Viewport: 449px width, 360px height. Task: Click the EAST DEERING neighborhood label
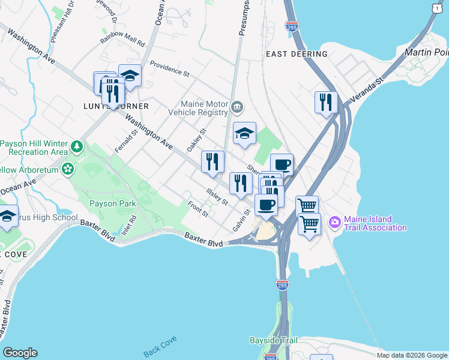pos(297,54)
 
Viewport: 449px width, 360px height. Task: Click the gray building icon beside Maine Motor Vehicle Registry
pos(237,107)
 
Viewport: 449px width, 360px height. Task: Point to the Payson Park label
pos(112,203)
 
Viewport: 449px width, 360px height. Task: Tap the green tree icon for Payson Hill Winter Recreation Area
pos(76,146)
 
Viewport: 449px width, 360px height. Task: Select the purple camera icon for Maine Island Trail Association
pos(334,223)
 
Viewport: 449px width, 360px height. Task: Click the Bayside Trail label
pos(273,340)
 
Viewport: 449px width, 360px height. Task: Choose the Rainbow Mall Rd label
pos(123,40)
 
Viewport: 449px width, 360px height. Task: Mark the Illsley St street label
pos(217,197)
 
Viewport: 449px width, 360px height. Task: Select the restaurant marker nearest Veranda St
pos(325,102)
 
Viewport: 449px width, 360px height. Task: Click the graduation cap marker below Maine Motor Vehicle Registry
pos(244,135)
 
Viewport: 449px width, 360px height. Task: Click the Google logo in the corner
pos(20,353)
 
